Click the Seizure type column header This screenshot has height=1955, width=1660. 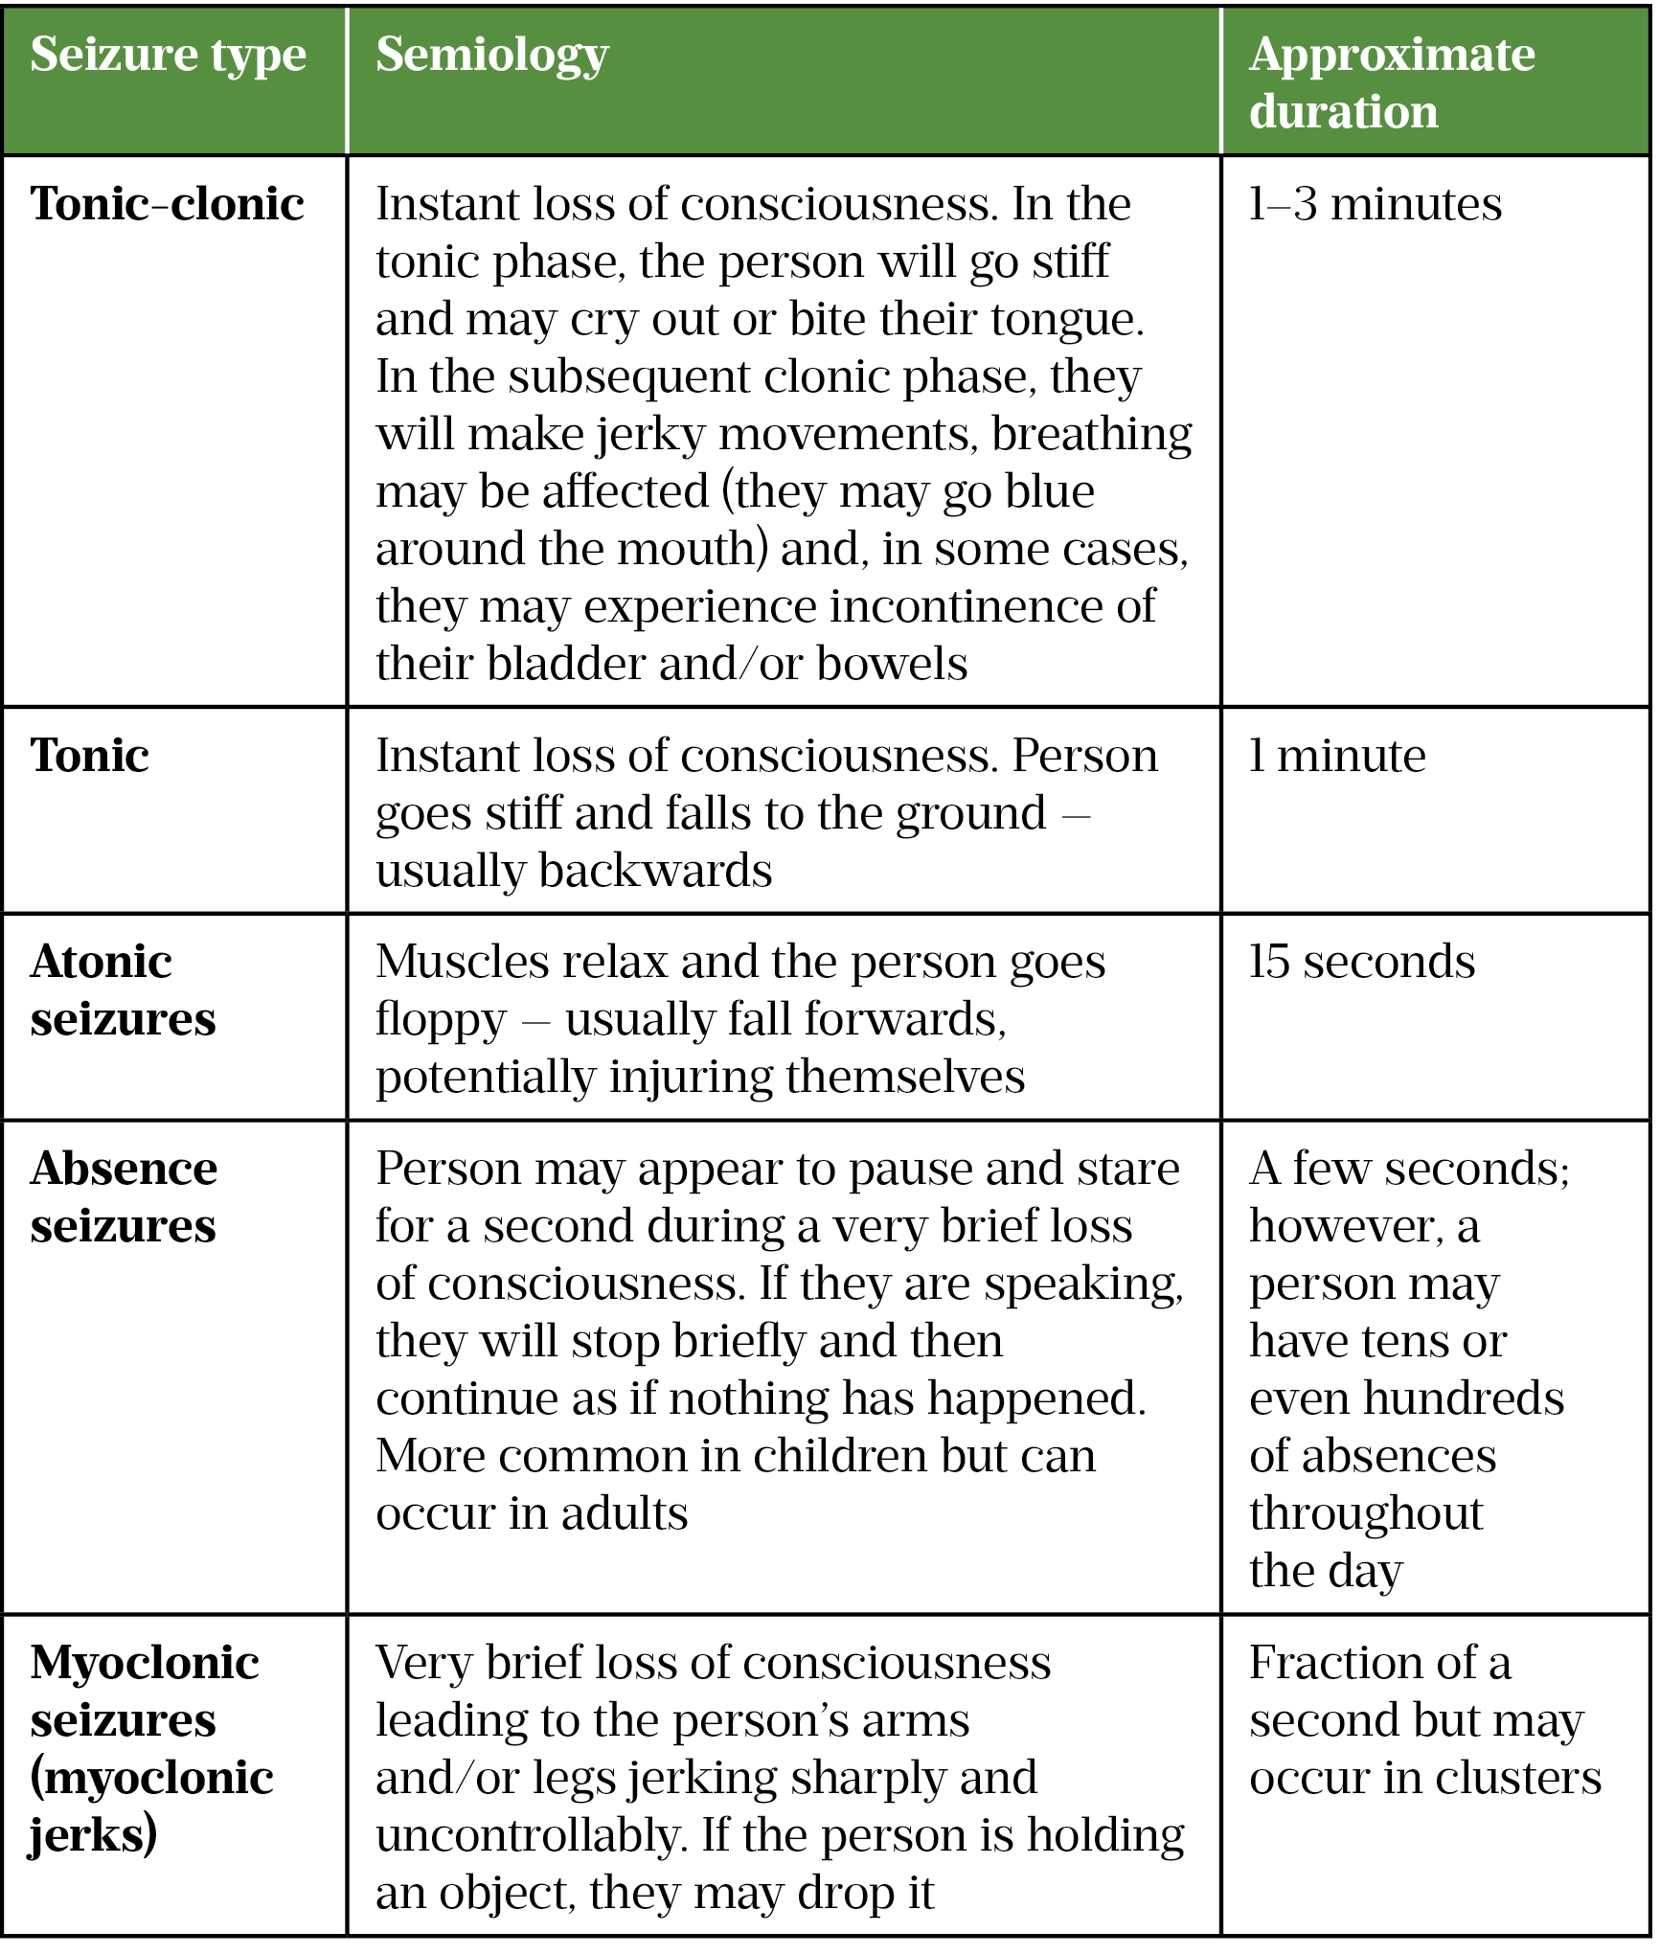tap(169, 56)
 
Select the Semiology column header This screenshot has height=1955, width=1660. tap(492, 56)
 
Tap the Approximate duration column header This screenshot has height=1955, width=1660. tap(1392, 82)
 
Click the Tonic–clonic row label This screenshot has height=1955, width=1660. tap(168, 204)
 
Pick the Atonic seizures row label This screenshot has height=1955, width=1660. tap(123, 989)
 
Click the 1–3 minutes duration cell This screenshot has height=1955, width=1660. tap(1376, 204)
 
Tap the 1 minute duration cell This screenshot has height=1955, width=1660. tap(1337, 756)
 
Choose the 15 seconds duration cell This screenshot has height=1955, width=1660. tap(1361, 962)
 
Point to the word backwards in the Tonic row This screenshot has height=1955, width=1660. tap(655, 871)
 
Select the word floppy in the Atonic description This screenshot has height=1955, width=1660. tap(441, 1019)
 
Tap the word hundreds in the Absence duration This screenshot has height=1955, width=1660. tap(1464, 1398)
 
